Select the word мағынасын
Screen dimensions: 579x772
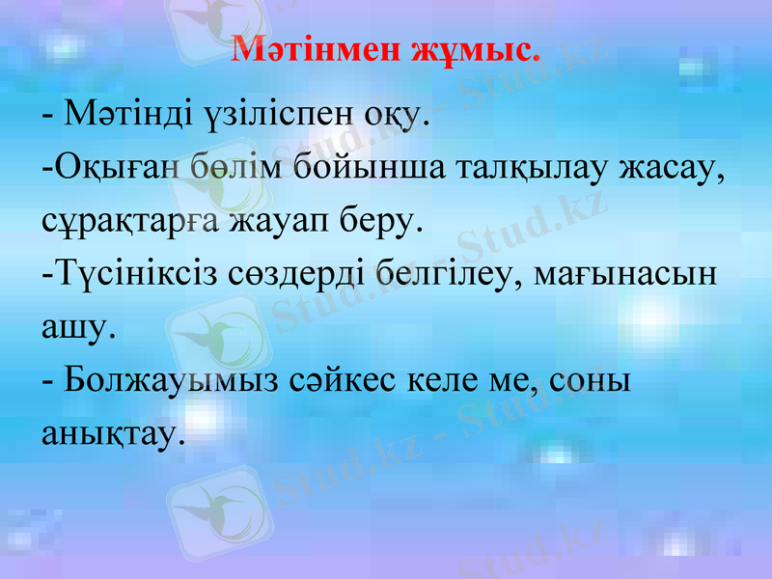click(631, 276)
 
